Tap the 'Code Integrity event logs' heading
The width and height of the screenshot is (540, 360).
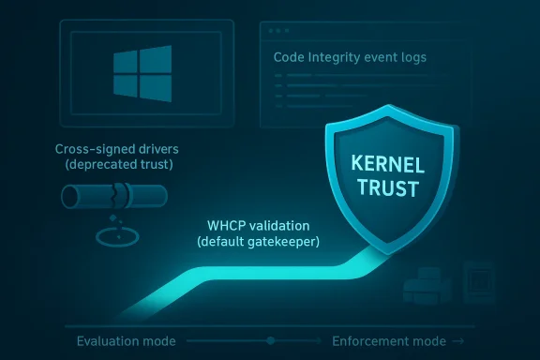tap(350, 57)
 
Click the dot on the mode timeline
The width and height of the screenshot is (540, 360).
tap(270, 339)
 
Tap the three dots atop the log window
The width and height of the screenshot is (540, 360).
tap(279, 31)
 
